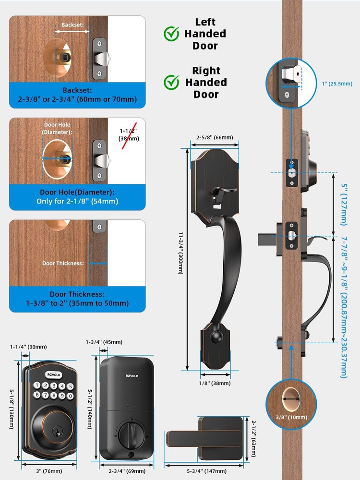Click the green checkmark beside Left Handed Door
[171, 34]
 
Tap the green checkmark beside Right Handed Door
[171, 82]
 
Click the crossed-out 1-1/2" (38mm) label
[128, 134]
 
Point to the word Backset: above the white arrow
[72, 24]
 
